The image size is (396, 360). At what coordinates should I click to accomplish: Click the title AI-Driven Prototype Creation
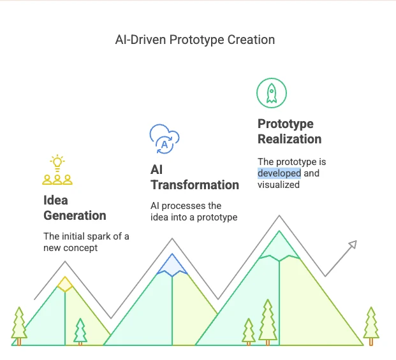coord(194,40)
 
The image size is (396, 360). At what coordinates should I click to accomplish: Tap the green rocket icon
coord(272,92)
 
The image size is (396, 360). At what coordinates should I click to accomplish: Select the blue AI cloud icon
coord(164,139)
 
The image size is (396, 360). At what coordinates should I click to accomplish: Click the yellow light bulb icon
coord(58,162)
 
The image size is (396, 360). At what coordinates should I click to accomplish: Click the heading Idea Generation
coord(75,208)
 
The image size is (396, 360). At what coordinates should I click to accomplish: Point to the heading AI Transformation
coord(194,177)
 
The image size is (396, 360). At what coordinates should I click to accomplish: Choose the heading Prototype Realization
coord(289,131)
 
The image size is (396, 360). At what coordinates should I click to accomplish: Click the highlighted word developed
coord(279,173)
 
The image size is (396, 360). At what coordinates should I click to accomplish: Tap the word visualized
coord(279,185)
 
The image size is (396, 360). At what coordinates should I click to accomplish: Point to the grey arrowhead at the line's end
coord(352,244)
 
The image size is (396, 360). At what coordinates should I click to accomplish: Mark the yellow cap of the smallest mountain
coord(64,284)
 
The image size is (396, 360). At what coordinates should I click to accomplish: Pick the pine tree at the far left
coord(19,325)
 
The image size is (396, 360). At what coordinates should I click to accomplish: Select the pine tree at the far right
coord(371,325)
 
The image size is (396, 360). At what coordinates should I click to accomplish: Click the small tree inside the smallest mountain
coord(80,331)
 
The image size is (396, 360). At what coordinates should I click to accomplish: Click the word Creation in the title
coord(253,40)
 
